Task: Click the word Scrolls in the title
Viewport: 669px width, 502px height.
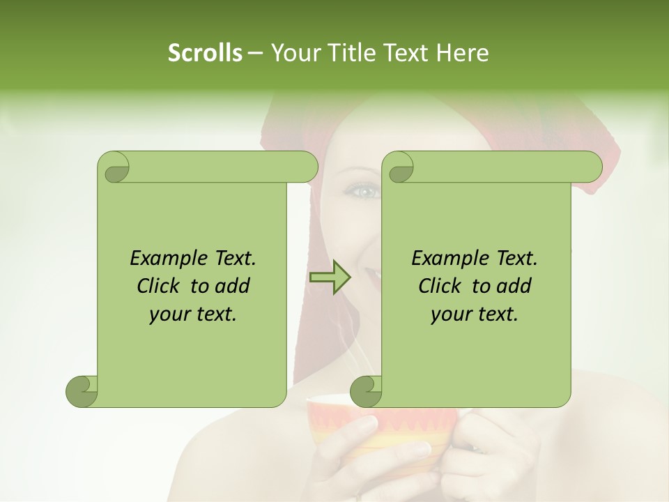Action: [205, 53]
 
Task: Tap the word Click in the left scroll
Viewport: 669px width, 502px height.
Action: [160, 286]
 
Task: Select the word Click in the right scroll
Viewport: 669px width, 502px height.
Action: [440, 286]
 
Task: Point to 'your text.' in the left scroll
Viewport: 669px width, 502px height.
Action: [193, 314]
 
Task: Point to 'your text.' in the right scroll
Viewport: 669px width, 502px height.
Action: [475, 314]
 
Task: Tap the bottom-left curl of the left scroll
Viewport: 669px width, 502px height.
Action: [82, 391]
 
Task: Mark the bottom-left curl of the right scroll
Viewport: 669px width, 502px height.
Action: [366, 391]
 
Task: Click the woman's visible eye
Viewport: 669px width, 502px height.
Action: [363, 190]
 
